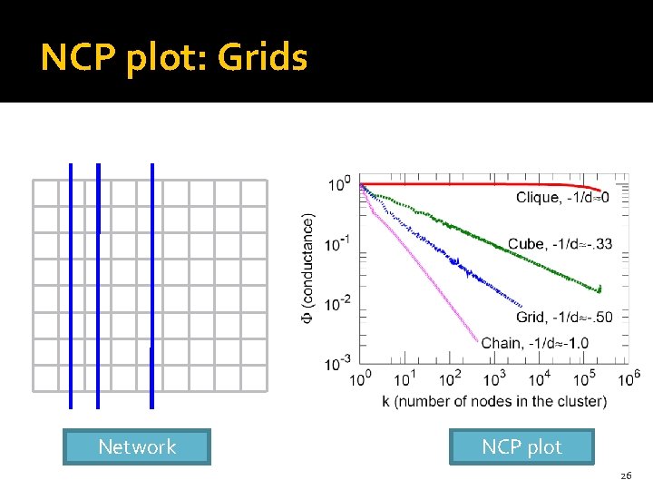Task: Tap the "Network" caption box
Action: (137, 446)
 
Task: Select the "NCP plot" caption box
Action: (521, 446)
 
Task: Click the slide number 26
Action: (625, 476)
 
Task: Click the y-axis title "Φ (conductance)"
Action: (308, 272)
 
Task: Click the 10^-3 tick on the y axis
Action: (339, 364)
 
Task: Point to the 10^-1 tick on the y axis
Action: (339, 244)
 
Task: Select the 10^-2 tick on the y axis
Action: (339, 304)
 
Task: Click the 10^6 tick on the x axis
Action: (629, 377)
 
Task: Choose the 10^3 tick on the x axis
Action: (495, 377)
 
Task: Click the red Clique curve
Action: (472, 184)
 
